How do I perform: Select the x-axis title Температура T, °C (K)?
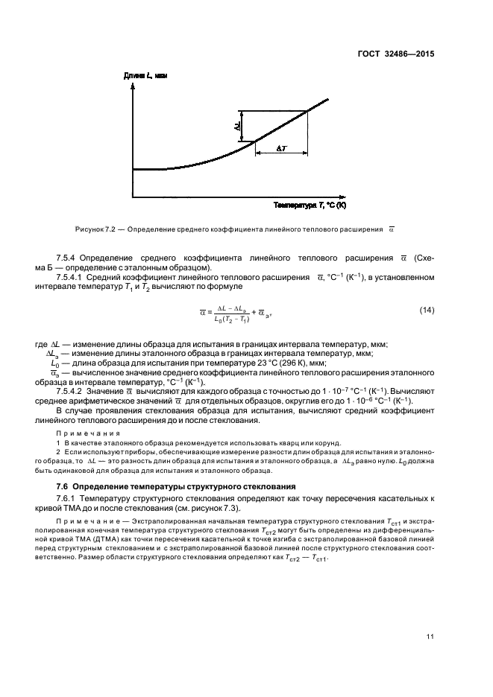pos(310,205)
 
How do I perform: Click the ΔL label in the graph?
pos(237,127)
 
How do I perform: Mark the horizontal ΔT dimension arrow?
pos(282,155)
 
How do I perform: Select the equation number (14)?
pos(426,310)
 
